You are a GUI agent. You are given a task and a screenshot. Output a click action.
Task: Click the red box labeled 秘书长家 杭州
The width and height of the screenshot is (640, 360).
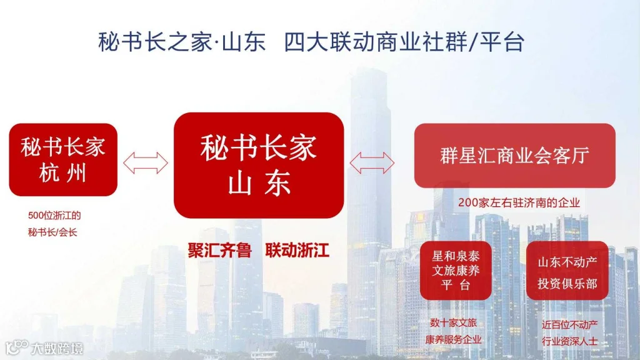tap(63, 159)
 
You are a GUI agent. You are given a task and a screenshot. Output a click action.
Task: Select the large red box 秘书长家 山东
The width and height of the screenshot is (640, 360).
tap(259, 166)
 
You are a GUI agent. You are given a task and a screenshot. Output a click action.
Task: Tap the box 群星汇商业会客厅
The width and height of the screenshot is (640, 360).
tap(514, 156)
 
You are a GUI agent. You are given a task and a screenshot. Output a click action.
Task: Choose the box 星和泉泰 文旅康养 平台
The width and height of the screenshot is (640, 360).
tap(455, 271)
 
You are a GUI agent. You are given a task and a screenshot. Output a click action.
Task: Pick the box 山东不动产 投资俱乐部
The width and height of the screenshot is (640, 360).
tap(567, 272)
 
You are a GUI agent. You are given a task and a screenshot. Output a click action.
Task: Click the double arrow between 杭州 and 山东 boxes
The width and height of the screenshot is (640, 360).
tap(146, 162)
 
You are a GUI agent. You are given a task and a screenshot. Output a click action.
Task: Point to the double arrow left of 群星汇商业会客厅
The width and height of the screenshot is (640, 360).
tap(372, 163)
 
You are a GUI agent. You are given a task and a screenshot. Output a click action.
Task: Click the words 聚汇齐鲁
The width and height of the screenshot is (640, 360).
tap(219, 251)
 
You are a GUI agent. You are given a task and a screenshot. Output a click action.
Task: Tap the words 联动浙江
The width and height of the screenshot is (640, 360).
tap(297, 251)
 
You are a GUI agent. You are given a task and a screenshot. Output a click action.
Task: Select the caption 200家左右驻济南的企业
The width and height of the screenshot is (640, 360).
tap(519, 202)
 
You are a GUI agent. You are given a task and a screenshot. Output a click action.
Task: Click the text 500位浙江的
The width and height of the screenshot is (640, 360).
tap(54, 216)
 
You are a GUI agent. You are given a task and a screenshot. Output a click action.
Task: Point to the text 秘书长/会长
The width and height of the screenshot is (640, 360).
tap(54, 233)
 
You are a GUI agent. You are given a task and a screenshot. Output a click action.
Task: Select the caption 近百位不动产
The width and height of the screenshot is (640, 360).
tap(569, 325)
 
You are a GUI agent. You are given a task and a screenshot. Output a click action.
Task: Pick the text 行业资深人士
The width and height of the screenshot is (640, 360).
tap(569, 342)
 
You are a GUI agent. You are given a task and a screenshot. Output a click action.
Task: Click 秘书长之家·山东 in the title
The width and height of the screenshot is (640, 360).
tap(182, 42)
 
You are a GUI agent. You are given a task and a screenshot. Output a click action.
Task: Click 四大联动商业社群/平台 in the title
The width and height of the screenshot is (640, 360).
tap(404, 42)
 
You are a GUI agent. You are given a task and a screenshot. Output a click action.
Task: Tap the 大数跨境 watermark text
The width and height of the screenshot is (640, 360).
tap(57, 347)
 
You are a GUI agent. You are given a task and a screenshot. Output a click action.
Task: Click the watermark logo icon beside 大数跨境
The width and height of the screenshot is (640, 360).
tap(17, 347)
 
